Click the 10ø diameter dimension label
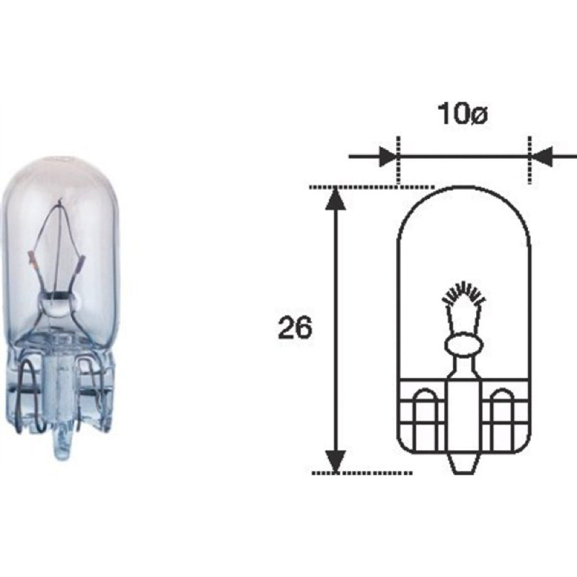(462, 114)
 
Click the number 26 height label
(295, 328)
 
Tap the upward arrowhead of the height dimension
(335, 199)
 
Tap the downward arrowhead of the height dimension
(335, 461)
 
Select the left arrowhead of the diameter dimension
(389, 157)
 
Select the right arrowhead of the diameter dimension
(541, 157)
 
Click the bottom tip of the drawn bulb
(463, 473)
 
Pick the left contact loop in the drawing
(426, 419)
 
